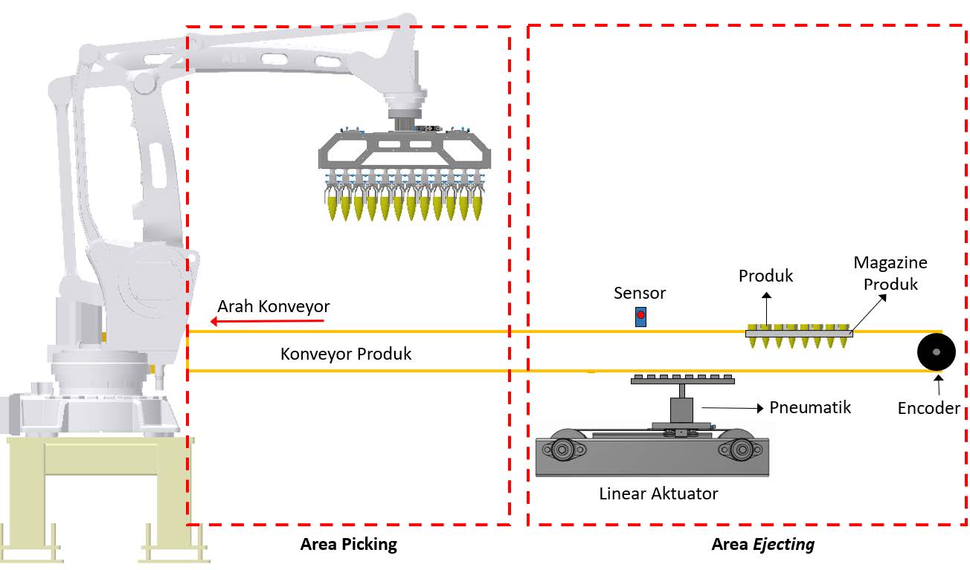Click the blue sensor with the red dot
coord(640,318)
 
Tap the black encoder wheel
coord(937,352)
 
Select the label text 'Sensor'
coord(640,293)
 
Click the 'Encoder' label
coord(928,408)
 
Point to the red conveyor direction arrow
coord(267,321)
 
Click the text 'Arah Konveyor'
coord(273,306)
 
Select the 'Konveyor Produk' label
coord(346,354)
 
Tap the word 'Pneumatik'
coord(810,407)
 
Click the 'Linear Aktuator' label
coord(658,493)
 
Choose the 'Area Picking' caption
coord(348,544)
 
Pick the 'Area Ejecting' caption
coord(762,544)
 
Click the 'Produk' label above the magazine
coord(765,276)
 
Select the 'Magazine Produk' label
coord(890,273)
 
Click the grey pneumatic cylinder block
coord(681,410)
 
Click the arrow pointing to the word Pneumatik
coord(733,407)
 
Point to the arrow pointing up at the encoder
coord(938,385)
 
